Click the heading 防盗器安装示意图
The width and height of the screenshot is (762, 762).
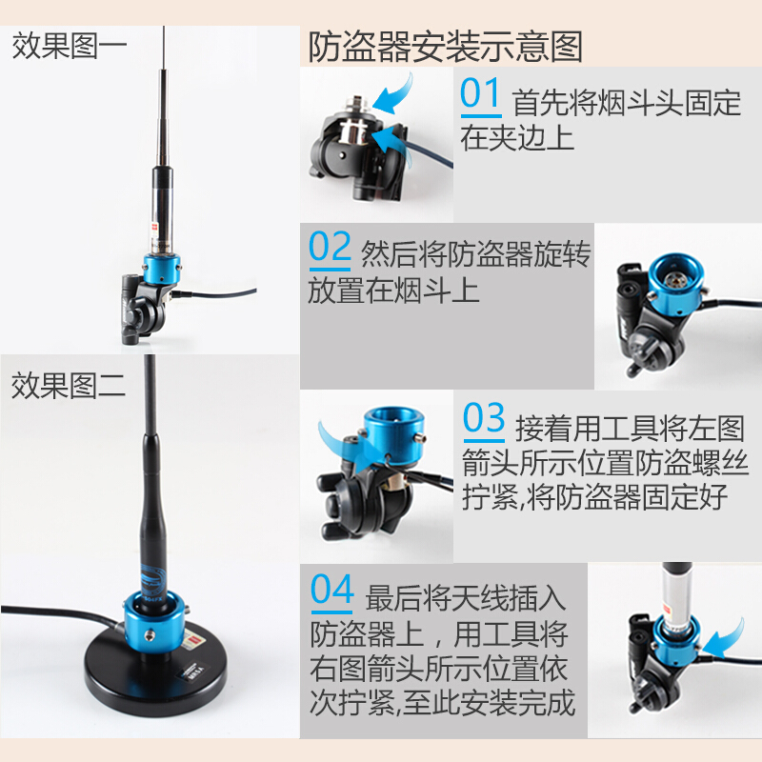point(445,46)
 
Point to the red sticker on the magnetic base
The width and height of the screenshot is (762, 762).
point(194,632)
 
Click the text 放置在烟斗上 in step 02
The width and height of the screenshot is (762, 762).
point(393,290)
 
